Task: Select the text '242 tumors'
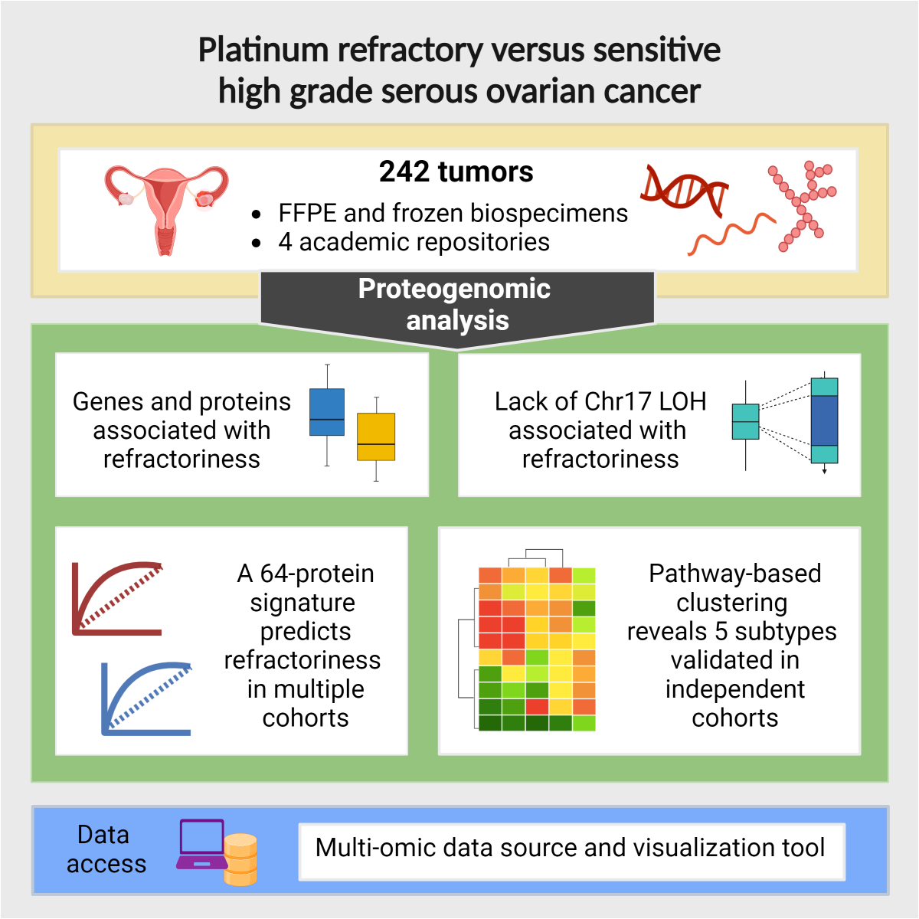(x=456, y=172)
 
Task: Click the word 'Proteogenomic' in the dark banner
(x=454, y=289)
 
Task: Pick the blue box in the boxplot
(x=327, y=412)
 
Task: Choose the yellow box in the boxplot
(x=376, y=437)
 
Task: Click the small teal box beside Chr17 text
(x=745, y=421)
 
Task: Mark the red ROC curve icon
(x=117, y=598)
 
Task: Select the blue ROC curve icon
(x=146, y=698)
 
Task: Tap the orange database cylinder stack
(x=240, y=859)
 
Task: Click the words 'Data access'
(x=106, y=849)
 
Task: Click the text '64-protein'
(x=317, y=574)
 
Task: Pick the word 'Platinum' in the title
(x=263, y=51)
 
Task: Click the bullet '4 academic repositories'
(x=414, y=242)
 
